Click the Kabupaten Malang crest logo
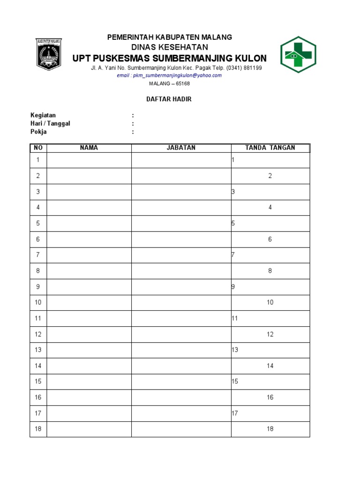(49, 54)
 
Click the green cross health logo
(298, 54)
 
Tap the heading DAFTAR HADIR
(170, 99)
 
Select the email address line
(169, 75)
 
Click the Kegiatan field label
(43, 115)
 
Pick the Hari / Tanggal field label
(50, 124)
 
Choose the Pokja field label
(38, 132)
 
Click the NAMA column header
(89, 148)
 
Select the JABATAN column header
(181, 148)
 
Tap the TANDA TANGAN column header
(270, 148)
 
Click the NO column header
(38, 148)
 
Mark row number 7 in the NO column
(38, 255)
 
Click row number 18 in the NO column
(38, 429)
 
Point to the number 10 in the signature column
(270, 302)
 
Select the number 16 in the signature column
(270, 397)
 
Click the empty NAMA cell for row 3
(89, 192)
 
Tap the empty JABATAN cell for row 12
(181, 334)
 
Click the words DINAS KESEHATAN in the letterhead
(170, 47)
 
